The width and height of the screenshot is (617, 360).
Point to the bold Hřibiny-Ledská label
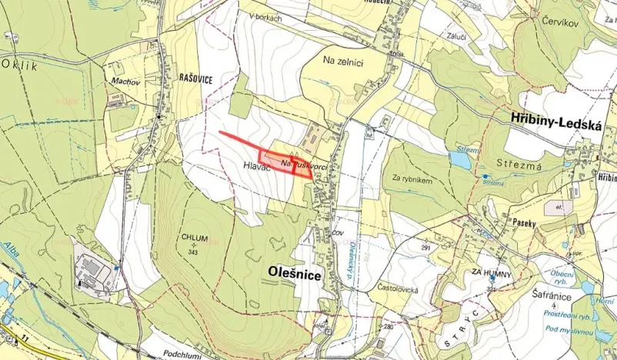tap(555, 118)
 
